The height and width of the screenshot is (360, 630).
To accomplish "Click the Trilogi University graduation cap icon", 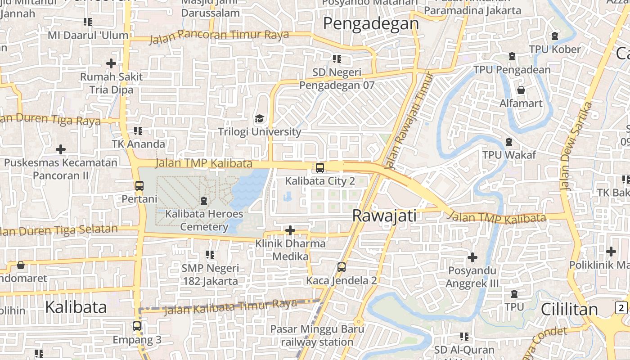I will point(259,118).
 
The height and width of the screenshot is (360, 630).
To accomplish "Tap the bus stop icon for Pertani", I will point(139,185).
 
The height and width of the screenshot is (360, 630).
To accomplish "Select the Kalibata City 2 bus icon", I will point(319,168).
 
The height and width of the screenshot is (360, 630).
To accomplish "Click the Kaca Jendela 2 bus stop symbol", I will point(342,267).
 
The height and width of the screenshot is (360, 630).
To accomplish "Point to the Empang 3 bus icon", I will point(137,326).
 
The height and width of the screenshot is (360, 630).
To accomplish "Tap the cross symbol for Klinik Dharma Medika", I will point(290,230).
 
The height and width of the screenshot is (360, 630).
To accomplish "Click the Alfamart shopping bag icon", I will point(521,90).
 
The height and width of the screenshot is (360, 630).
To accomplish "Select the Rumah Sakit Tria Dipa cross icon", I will point(111,63).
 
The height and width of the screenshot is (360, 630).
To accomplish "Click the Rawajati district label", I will point(384,216).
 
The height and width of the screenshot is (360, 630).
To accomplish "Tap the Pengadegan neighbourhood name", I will point(371,23).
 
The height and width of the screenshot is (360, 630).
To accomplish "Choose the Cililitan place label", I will point(569,309).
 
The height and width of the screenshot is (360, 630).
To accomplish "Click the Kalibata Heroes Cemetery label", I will point(204,220).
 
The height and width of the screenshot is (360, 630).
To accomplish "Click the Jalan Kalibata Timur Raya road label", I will point(230,307).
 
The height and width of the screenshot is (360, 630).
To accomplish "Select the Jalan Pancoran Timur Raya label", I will point(219,36).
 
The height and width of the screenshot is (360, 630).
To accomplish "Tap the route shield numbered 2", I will point(621,308).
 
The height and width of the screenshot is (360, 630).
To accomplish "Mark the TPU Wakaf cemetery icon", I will point(509,142).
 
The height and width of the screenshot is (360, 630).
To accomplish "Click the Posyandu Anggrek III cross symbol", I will point(472,257).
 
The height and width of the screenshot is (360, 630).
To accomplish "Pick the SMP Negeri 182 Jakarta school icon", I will point(210,255).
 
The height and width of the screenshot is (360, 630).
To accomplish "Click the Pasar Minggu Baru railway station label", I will point(317,335).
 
